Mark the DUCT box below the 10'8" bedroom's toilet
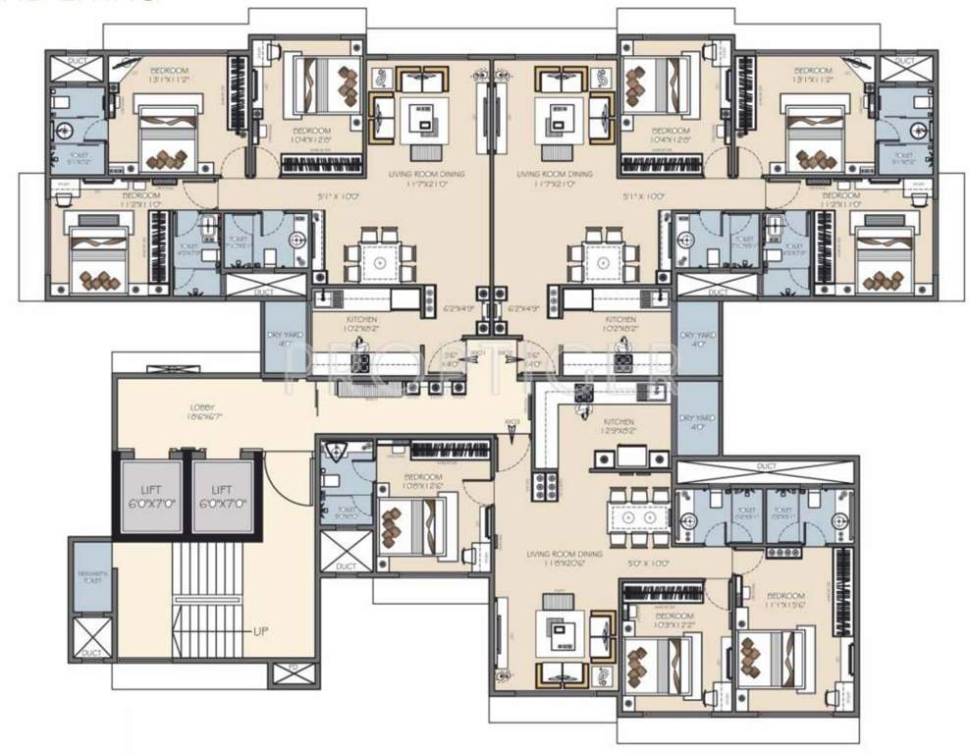pyautogui.click(x=346, y=554)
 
